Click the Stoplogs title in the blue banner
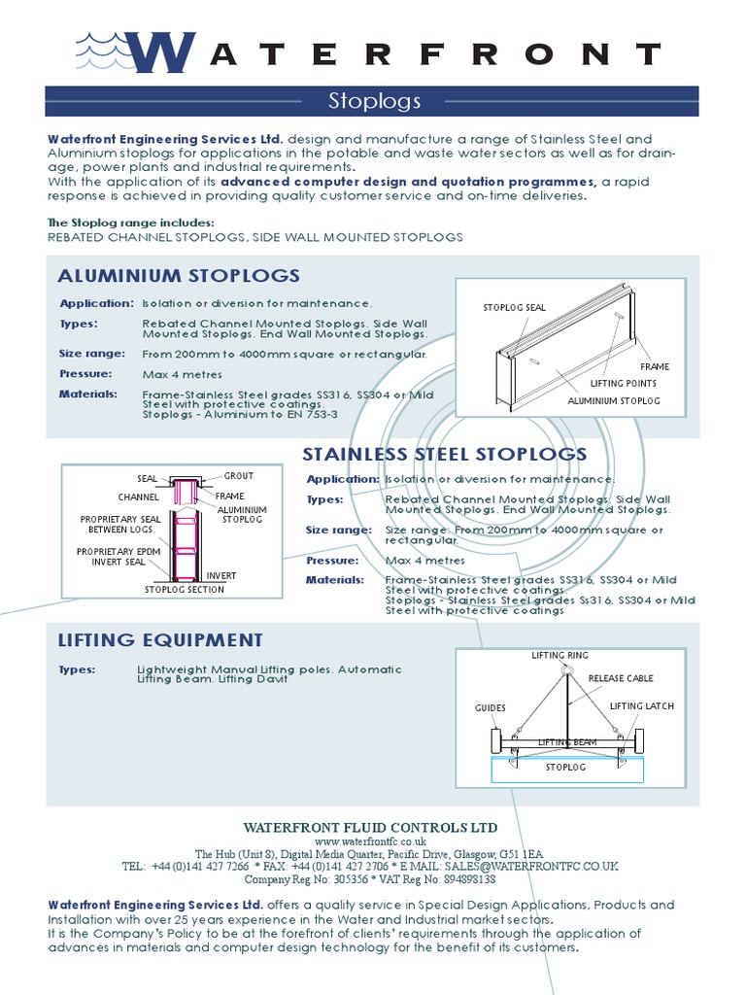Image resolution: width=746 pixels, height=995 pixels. pos(373,101)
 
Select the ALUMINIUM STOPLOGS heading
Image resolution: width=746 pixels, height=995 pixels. pos(179,276)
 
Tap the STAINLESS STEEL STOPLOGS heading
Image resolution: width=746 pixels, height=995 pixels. pos(445,455)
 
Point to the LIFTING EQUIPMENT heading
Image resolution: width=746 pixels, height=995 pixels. pos(160,640)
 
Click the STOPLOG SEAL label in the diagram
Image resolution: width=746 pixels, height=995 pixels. pos(515,308)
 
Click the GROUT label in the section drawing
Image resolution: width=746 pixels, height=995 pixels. pos(239,476)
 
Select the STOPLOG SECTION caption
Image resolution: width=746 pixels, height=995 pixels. pos(185,590)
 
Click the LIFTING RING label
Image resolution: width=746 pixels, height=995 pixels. pos(560,656)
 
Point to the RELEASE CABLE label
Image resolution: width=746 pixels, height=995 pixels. pos(621,678)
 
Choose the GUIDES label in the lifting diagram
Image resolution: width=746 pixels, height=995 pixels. pos(491,708)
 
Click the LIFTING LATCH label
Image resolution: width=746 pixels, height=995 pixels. pos(641,706)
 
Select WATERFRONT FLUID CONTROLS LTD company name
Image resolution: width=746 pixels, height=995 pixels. pos(370,828)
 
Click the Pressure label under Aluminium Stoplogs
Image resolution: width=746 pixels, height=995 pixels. pos(85,374)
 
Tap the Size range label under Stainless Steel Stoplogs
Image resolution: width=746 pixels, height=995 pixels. pos(338,531)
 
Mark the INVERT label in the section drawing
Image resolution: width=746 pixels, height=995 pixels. pos(220,576)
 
